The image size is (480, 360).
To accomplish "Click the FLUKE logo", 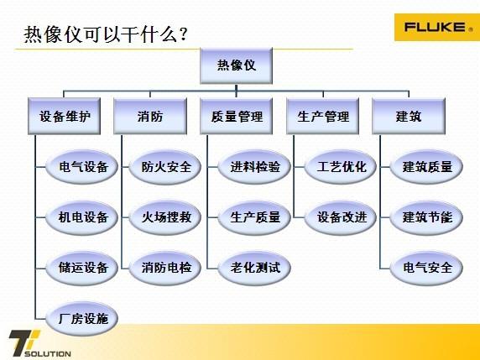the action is [437, 27].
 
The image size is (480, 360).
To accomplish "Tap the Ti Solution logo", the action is [39, 343].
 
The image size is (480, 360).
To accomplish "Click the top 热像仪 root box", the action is [236, 65].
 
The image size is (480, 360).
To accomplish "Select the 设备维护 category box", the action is [65, 117].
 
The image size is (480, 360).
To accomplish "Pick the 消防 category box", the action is [150, 117].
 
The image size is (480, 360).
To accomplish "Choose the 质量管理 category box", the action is [236, 117].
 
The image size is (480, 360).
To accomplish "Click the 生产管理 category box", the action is [322, 117].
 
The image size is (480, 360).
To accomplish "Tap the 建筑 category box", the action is [409, 117].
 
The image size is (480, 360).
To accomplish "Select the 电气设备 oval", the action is [82, 167].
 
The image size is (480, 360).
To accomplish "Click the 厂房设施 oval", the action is [82, 318].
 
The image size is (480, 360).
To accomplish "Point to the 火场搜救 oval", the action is [165, 217].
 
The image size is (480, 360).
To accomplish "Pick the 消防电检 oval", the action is [165, 268].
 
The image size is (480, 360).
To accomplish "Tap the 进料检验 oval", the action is [254, 167].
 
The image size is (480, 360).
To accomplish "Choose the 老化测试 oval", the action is [254, 268].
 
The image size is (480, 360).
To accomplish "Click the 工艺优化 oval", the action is [341, 167].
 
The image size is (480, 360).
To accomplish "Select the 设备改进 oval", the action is [341, 217].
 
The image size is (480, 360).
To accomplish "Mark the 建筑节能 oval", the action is [426, 217].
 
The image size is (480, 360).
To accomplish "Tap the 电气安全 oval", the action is [426, 268].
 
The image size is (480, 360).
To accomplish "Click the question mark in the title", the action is [184, 34].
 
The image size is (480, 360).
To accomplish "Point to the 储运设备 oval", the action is [82, 268].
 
